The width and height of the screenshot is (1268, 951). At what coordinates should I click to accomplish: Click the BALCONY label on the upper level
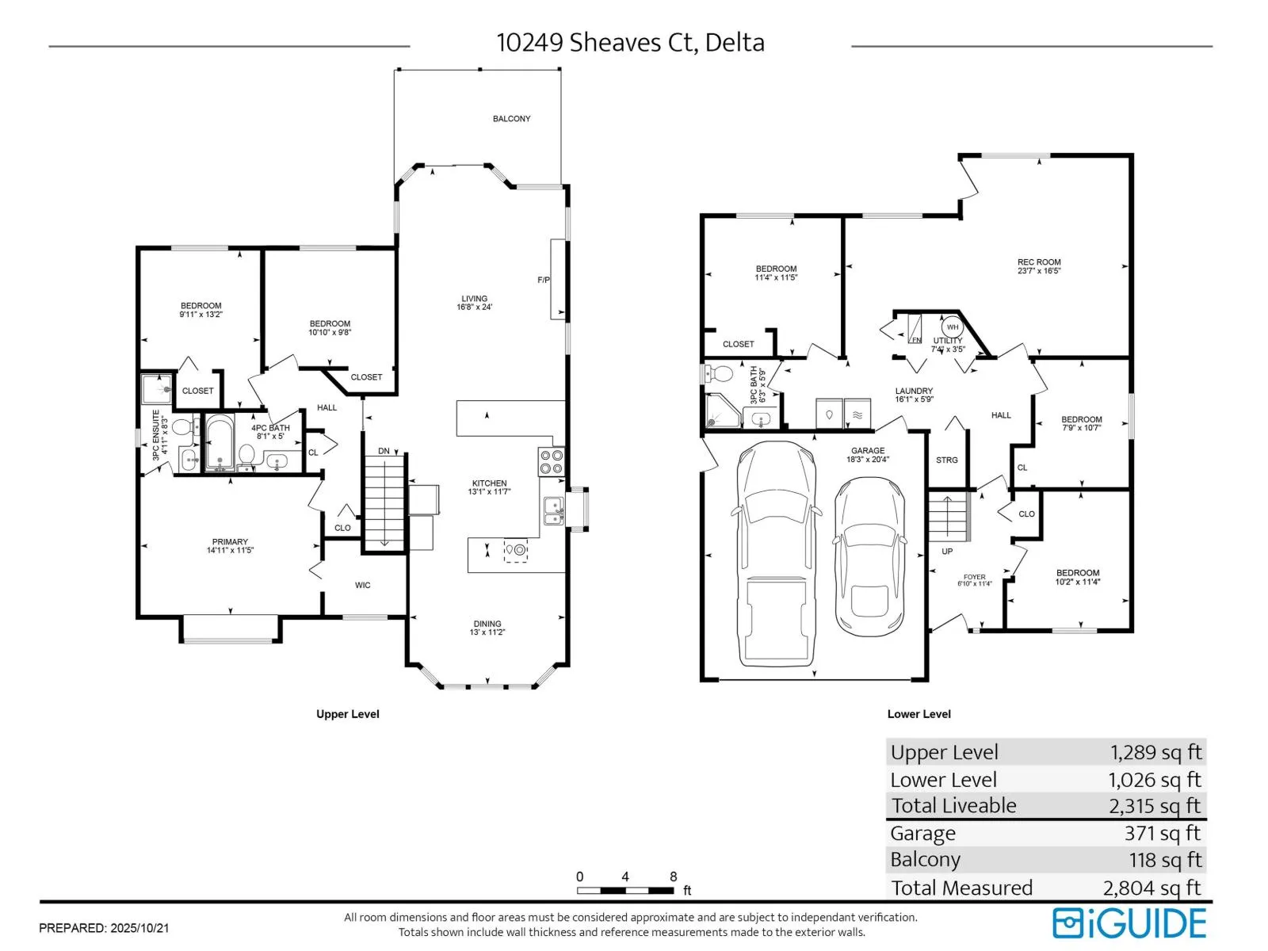511,119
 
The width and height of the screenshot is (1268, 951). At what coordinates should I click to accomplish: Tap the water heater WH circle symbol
953,327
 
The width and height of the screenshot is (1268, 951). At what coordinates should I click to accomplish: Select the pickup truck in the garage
776,554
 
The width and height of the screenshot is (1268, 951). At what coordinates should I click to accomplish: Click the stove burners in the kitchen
551,462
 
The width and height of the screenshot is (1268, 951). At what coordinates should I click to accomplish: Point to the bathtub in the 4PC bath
219,442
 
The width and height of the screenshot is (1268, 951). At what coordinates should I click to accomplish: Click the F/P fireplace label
544,280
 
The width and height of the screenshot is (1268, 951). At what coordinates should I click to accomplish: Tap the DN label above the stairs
384,451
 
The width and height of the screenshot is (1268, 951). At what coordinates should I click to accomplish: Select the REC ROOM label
1039,262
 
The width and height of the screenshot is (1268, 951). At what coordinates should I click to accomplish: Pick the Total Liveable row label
953,805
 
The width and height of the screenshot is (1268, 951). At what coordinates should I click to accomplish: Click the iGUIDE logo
1129,923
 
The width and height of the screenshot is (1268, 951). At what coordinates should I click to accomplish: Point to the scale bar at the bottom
625,891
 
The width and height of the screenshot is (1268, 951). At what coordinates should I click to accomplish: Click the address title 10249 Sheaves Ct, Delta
630,42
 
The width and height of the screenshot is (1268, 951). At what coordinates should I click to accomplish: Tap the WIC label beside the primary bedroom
362,586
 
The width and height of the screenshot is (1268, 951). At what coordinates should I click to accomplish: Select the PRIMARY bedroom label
230,542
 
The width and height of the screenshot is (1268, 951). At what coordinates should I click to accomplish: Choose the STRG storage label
947,460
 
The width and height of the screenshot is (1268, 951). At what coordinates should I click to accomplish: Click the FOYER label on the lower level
975,577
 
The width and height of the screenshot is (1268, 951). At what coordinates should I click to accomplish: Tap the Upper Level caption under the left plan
348,714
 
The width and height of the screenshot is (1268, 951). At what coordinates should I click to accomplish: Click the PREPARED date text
104,928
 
